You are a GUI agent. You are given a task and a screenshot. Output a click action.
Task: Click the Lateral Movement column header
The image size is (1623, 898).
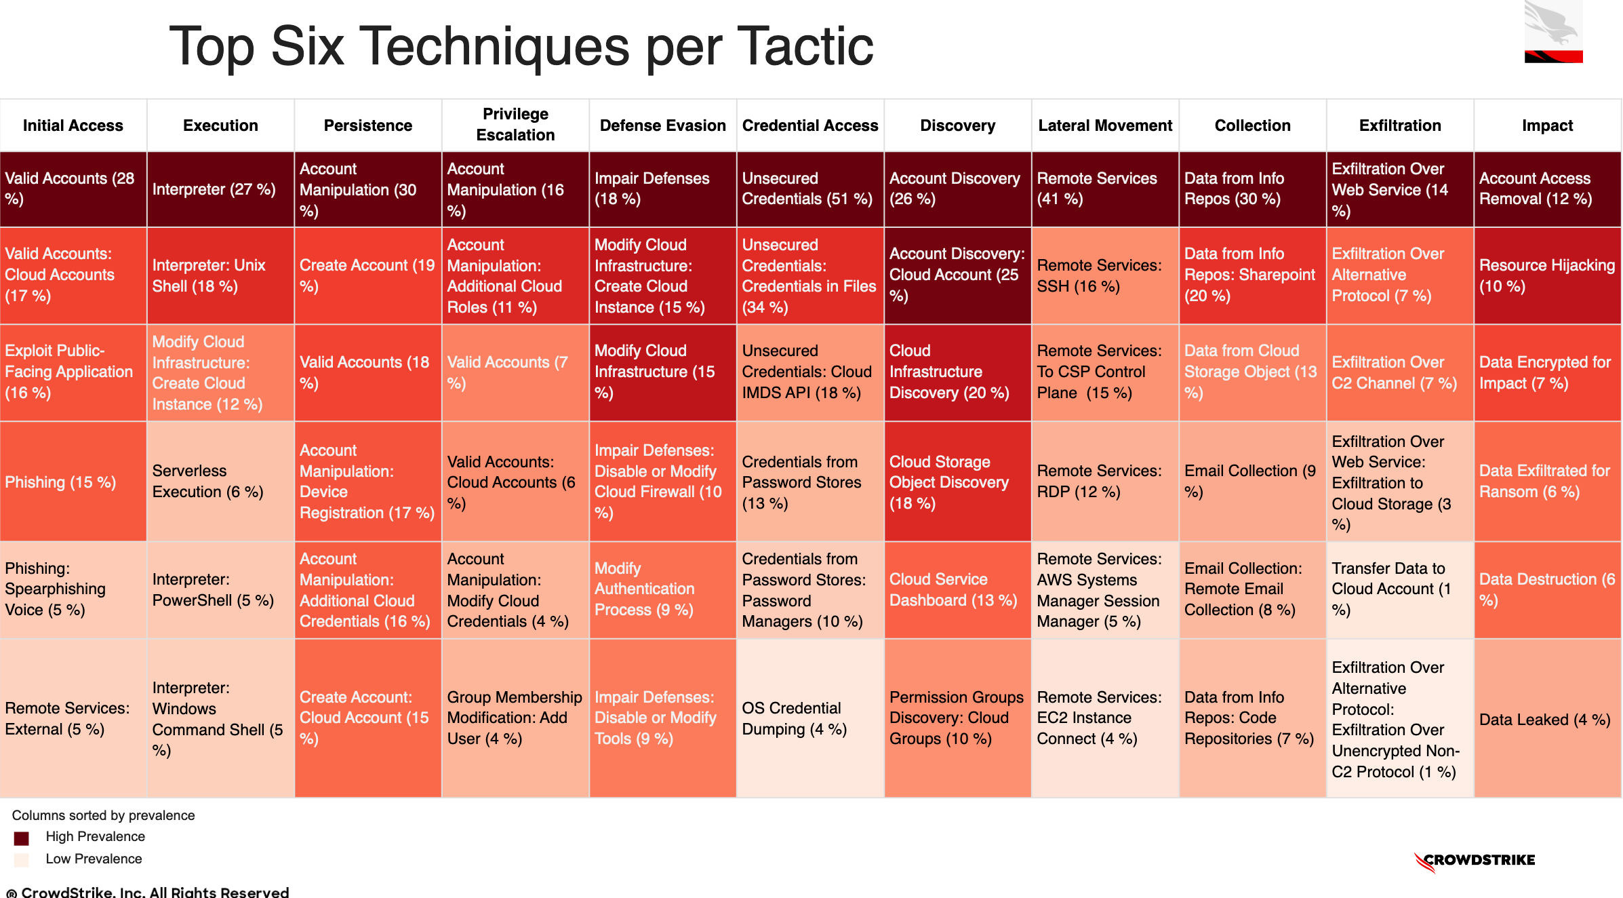1105,125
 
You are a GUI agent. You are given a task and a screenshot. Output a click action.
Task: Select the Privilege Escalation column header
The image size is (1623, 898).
515,125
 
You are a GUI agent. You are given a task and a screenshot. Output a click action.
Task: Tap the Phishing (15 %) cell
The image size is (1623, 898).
73,482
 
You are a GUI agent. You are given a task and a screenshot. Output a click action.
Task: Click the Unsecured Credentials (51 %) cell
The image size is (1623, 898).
810,189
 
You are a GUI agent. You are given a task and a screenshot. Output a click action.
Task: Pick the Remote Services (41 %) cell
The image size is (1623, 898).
1105,189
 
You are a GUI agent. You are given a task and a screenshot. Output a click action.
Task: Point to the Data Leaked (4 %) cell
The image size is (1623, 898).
1547,719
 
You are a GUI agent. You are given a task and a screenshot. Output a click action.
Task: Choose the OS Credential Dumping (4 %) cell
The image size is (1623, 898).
810,718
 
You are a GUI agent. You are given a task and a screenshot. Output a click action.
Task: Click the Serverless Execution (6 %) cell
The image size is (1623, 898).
220,482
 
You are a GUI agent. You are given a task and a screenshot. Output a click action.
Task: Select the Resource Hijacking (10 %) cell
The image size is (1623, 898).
1547,275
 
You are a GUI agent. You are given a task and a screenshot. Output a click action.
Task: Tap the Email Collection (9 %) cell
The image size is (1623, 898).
1252,482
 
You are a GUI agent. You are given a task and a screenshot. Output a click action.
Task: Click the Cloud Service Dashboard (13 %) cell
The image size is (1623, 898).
957,589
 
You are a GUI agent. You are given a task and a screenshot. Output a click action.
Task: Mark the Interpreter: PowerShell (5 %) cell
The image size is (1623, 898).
220,589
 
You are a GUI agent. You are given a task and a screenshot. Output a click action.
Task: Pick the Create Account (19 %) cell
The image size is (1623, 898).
367,275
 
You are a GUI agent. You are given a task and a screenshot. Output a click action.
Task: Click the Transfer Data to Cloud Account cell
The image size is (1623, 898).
1399,589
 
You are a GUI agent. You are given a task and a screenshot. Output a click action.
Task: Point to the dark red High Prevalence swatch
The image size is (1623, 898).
22,838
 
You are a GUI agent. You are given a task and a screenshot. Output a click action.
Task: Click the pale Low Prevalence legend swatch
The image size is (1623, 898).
22,860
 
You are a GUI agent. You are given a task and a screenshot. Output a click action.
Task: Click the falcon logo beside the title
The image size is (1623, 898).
1553,33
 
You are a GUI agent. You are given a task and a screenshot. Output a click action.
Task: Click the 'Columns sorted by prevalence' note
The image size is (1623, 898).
103,815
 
